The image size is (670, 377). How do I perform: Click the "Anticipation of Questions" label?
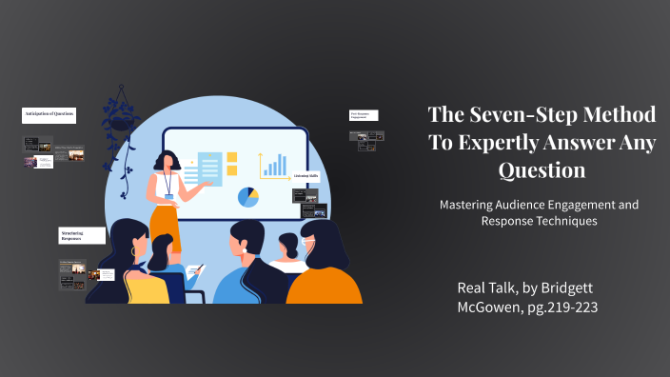click(x=49, y=115)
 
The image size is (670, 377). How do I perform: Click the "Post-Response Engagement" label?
click(x=364, y=115)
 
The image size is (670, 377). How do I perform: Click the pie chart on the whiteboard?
click(x=248, y=197)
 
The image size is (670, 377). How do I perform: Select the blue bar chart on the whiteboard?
click(x=275, y=166)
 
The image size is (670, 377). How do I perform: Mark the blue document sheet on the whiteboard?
click(x=208, y=172)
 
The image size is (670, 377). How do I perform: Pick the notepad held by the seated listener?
click(x=193, y=270)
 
